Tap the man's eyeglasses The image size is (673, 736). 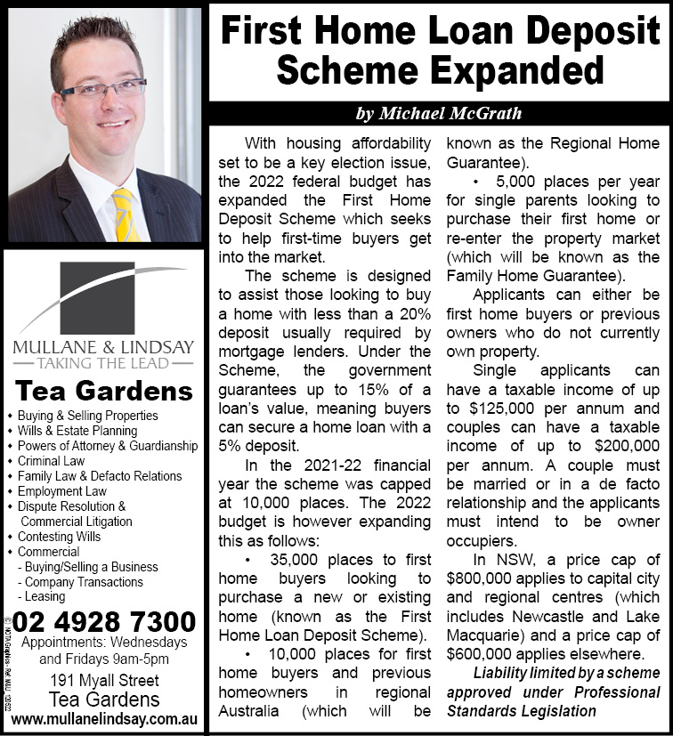[105, 90]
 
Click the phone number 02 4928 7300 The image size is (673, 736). [104, 620]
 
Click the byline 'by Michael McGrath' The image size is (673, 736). [438, 114]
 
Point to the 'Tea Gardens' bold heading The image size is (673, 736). [104, 391]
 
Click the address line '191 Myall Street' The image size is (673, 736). [104, 682]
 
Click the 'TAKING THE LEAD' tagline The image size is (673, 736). [102, 363]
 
